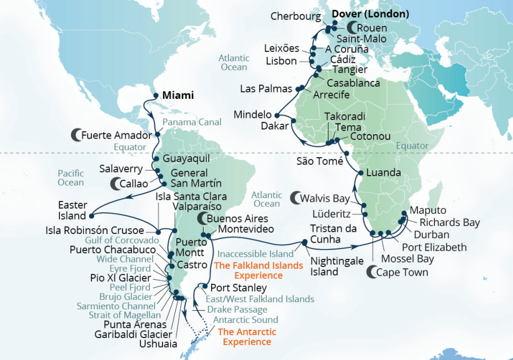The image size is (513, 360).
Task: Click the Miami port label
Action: tap(177, 95)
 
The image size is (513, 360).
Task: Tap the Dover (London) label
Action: tap(371, 13)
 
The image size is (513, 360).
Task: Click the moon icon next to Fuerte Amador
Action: tap(75, 135)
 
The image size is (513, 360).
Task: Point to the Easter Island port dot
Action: tap(91, 216)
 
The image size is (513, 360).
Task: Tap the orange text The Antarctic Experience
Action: tap(247, 337)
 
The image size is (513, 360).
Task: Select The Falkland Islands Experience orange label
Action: tap(258, 270)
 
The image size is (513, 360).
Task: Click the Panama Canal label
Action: tap(191, 122)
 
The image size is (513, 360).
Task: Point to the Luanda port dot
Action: tap(360, 173)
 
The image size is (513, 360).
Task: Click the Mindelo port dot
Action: tap(278, 114)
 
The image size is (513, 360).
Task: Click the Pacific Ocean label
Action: tap(71, 178)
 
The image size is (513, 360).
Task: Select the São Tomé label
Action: tap(320, 161)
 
